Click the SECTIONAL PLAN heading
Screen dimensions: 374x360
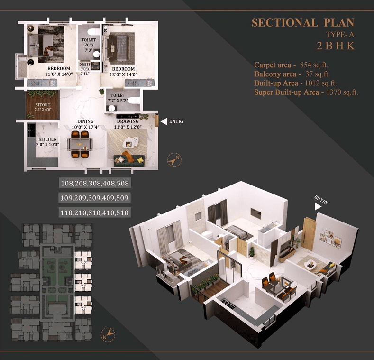point(303,23)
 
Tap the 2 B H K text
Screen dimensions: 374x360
point(336,46)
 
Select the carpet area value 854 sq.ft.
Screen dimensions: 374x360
point(314,65)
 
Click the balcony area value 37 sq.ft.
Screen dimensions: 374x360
point(318,74)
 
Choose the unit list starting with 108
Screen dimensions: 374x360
point(95,183)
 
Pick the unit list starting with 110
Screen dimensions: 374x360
point(94,212)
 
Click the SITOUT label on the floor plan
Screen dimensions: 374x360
point(43,105)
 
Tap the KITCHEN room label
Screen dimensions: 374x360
point(48,139)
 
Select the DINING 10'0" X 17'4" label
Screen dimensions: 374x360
point(85,124)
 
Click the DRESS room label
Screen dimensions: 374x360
point(85,65)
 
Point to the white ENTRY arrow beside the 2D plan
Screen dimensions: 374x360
point(164,121)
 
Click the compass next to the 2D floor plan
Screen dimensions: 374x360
point(174,160)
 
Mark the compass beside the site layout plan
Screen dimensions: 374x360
point(108,334)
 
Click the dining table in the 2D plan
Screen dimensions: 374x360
point(80,145)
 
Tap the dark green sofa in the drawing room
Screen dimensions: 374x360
point(129,161)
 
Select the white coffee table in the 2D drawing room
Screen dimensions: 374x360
point(130,142)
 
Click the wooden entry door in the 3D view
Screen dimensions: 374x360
point(309,233)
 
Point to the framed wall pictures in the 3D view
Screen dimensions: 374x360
point(331,239)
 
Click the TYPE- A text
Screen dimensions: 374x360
point(340,35)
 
